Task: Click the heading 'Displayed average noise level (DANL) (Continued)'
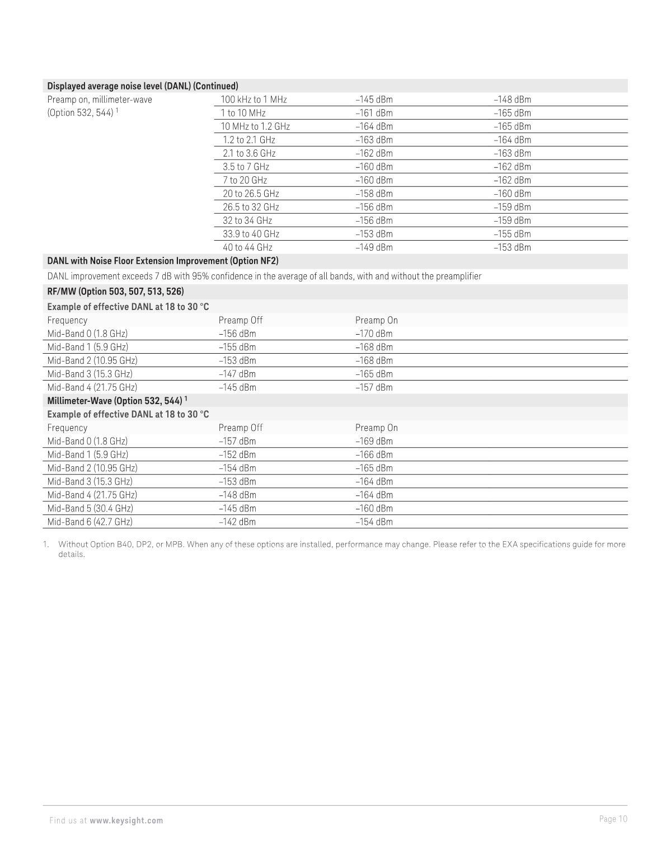[x=143, y=86]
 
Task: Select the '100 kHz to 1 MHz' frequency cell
[x=254, y=100]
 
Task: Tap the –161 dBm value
[x=374, y=113]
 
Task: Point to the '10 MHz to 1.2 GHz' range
[x=255, y=126]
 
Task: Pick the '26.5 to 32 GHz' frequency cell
[x=251, y=207]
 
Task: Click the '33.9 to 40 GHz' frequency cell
[x=251, y=234]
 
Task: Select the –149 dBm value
[x=374, y=247]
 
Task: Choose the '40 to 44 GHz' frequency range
[x=247, y=247]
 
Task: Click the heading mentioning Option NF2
[x=163, y=261]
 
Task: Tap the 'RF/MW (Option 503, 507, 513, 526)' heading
[x=115, y=292]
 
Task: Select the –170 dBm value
[x=374, y=334]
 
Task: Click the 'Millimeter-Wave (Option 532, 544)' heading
[x=115, y=401]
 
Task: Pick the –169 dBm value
[x=374, y=441]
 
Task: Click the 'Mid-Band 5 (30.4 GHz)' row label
[x=90, y=508]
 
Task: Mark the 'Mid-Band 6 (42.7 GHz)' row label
[x=90, y=522]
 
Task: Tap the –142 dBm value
[x=237, y=522]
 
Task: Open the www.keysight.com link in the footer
[x=126, y=820]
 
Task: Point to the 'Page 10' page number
[x=613, y=819]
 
